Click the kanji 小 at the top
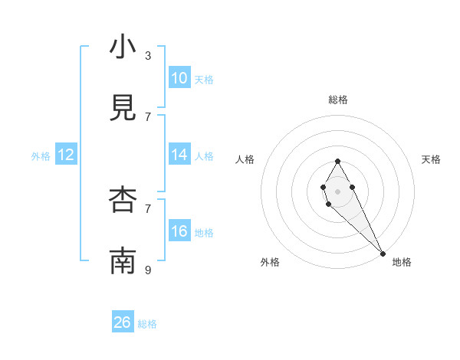click(123, 47)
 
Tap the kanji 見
click(123, 109)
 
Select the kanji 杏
click(123, 201)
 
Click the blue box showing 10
click(179, 78)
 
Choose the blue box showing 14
click(179, 155)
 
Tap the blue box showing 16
click(179, 231)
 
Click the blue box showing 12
click(66, 155)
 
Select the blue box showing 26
click(123, 322)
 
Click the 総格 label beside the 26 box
click(147, 324)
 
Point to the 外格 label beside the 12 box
click(41, 156)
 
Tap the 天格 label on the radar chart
click(431, 159)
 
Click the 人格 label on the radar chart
click(245, 159)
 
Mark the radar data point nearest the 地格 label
click(383, 253)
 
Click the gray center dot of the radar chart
click(337, 190)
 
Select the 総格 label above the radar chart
click(338, 100)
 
